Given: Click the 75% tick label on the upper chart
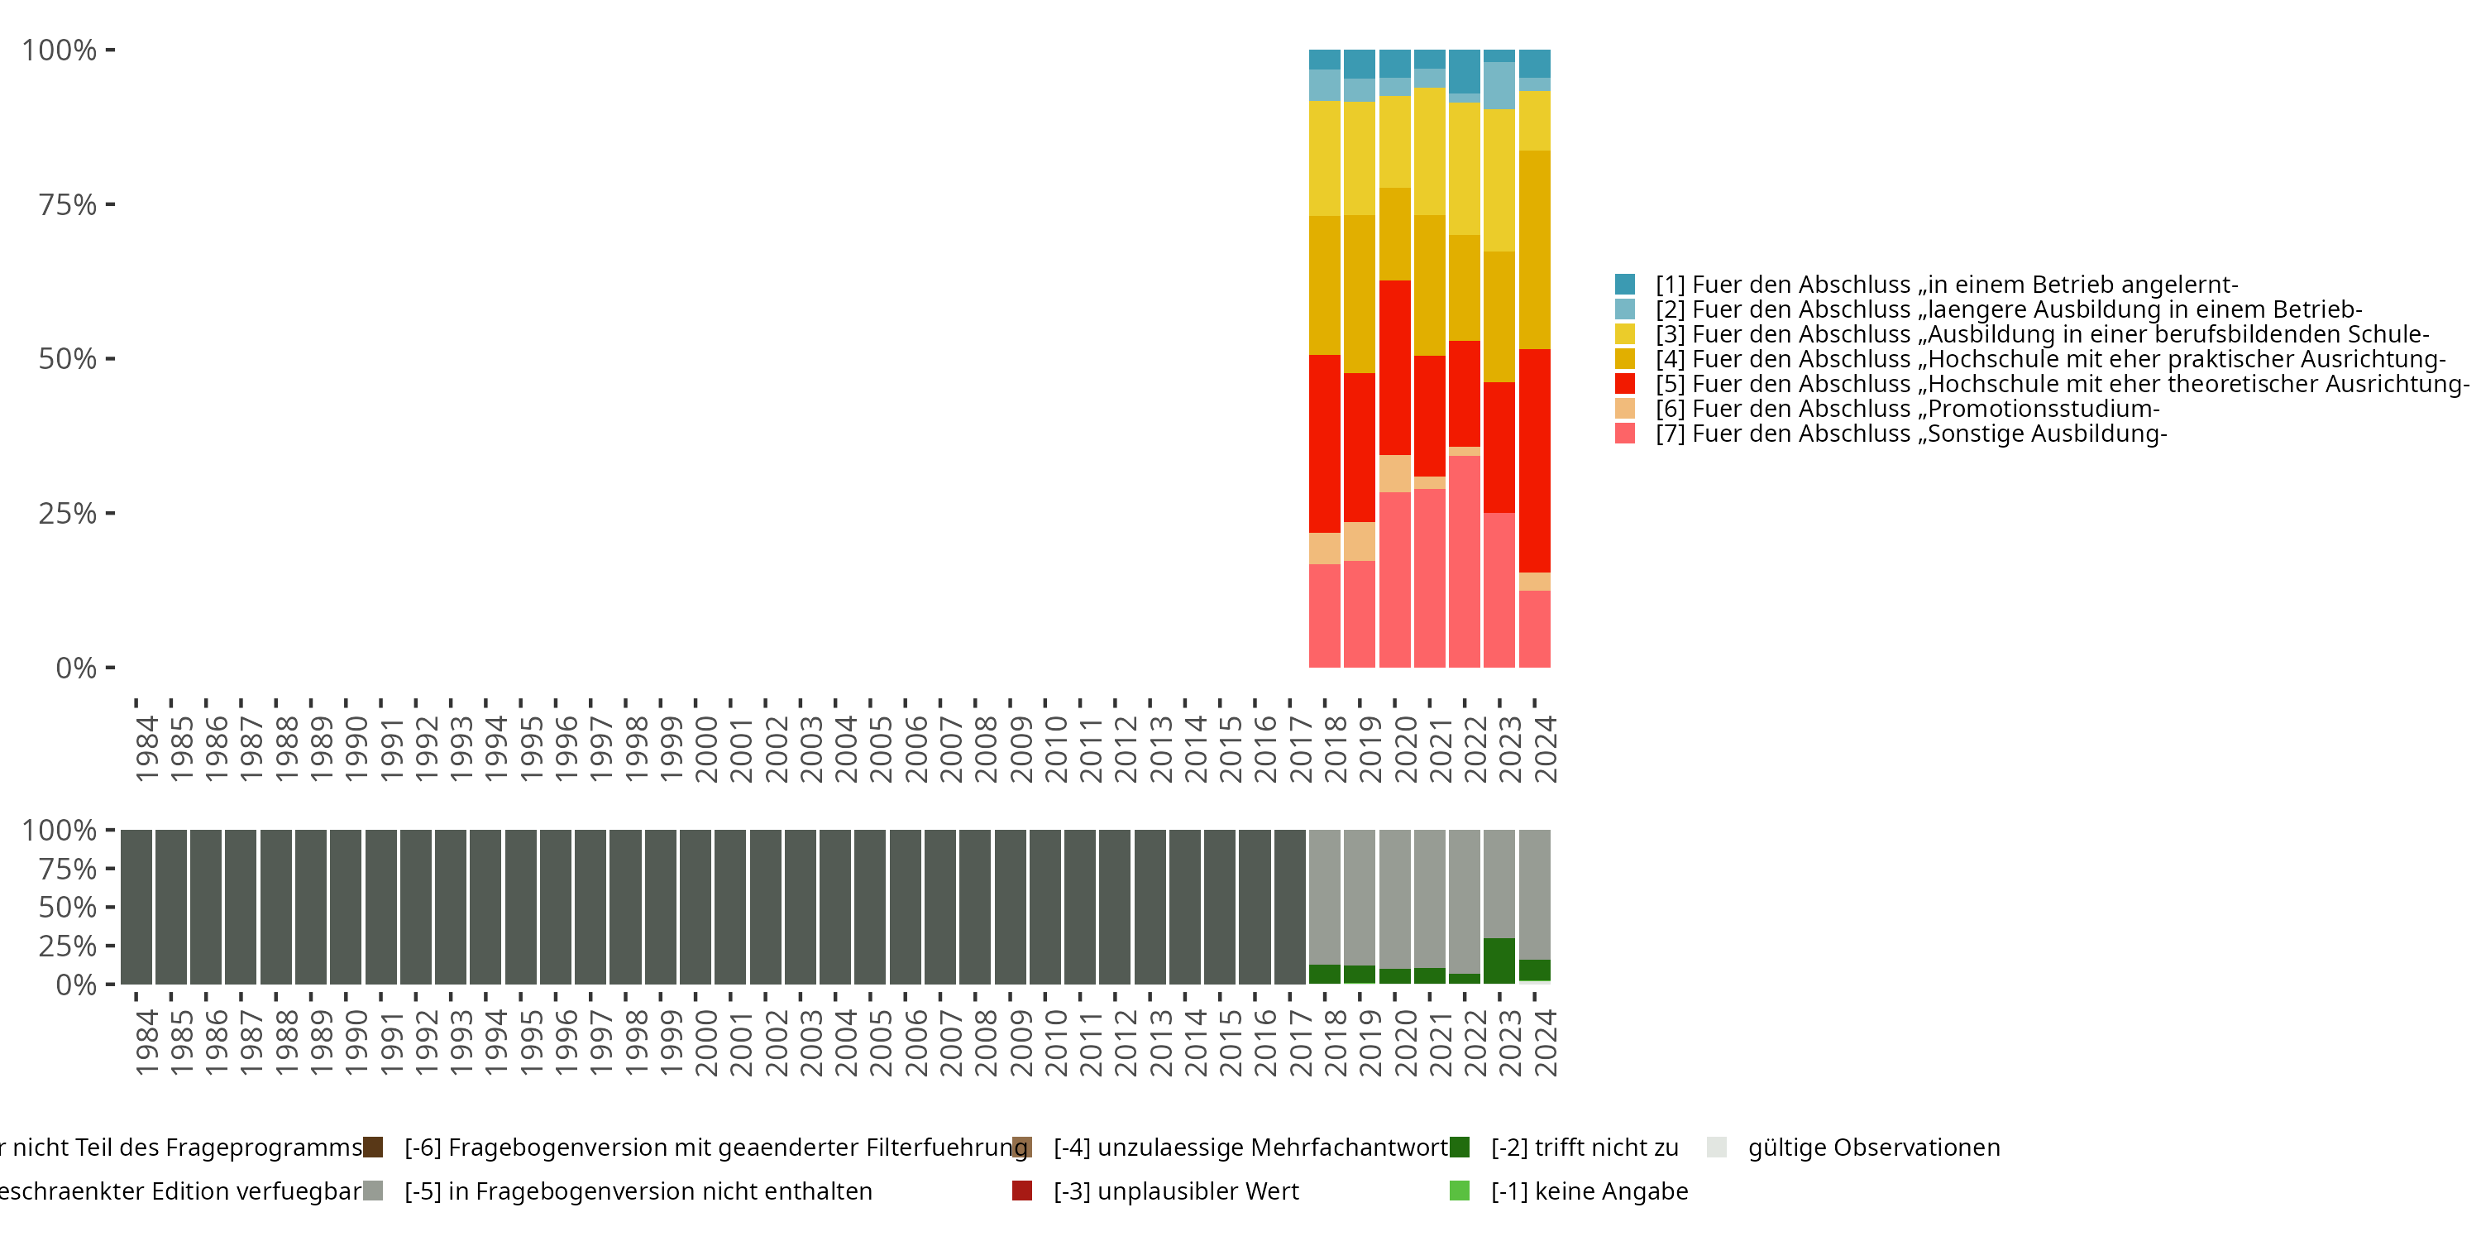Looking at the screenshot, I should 68,205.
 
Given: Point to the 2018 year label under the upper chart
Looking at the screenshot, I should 1335,749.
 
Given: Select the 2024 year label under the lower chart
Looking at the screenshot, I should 1545,1043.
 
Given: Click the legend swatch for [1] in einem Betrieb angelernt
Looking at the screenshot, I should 1625,285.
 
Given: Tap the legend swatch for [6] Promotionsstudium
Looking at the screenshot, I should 1625,409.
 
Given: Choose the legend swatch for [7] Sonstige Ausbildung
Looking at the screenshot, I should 1625,434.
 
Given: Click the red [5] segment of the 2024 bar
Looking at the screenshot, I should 1534,461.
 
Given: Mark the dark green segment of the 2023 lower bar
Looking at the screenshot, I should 1499,961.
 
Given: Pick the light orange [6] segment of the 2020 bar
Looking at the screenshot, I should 1394,473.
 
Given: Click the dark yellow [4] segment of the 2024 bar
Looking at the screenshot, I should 1534,250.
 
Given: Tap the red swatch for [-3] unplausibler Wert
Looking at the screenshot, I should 1022,1191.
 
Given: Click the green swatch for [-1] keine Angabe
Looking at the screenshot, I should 1459,1191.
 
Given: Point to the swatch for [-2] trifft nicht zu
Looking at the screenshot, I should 1459,1148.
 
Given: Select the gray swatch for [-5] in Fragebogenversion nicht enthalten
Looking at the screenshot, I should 373,1191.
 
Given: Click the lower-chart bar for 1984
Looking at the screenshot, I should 136,907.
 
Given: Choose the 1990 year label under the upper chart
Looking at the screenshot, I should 356,749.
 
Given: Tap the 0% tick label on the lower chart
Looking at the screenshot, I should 76,985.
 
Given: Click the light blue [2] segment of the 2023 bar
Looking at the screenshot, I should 1499,86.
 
